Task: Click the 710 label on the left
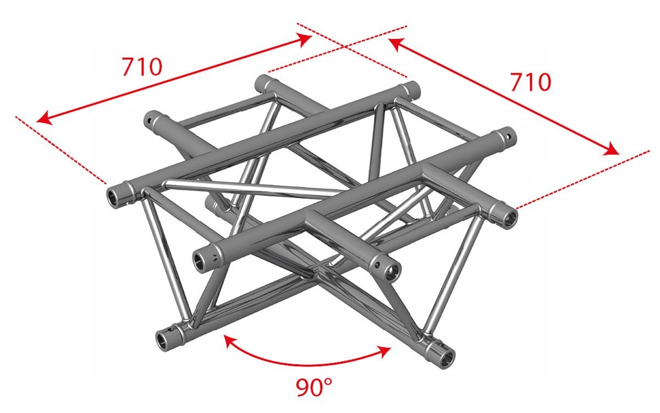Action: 142,67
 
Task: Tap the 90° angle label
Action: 314,387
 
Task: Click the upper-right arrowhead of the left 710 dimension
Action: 305,37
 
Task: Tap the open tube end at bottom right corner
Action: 446,356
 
